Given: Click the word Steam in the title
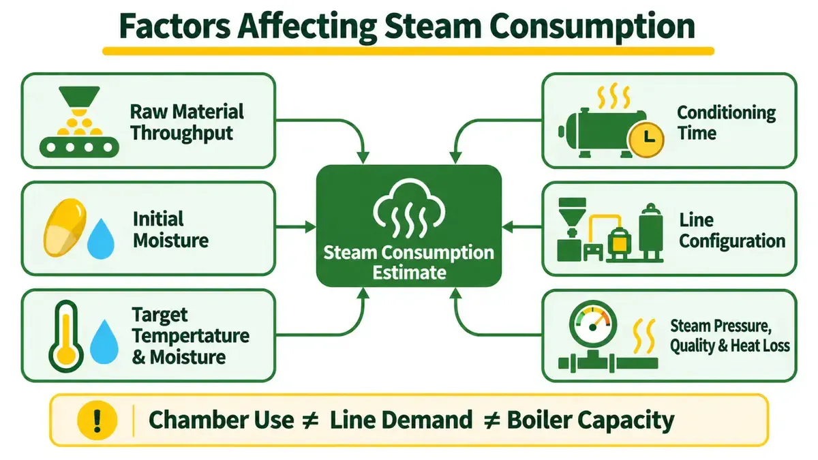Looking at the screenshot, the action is point(433,26).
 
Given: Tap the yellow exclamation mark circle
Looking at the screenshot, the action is point(97,420).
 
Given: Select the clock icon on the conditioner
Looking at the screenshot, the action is point(646,140).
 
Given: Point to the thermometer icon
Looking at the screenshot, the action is point(66,336).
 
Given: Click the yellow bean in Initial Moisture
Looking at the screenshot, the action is point(65,228).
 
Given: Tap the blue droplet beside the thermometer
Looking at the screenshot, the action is point(104,342).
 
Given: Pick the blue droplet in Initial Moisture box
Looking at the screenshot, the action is point(101,239).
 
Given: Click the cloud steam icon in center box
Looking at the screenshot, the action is point(409,208).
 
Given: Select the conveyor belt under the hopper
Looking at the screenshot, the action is point(79,147).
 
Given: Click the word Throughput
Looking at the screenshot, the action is point(181,134).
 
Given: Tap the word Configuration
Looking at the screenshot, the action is point(732,242).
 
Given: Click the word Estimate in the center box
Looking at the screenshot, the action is point(410,273).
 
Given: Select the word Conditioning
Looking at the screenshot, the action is point(727,112).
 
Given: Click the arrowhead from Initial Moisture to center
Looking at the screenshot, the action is point(311,227).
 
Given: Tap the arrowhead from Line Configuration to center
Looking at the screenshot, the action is point(508,227).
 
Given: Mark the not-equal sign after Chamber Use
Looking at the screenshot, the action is point(309,420).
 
